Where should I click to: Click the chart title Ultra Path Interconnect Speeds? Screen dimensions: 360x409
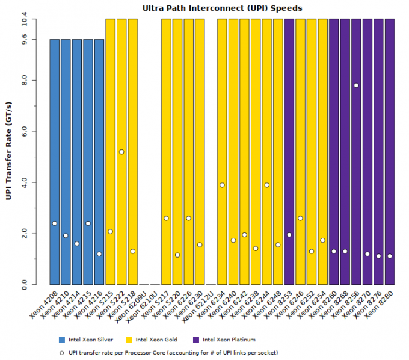(222, 8)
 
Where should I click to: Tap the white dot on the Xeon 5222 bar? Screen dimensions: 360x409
(121, 152)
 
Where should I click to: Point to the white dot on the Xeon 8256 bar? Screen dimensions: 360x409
(356, 85)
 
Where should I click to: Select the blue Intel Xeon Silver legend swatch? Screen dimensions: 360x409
(62, 340)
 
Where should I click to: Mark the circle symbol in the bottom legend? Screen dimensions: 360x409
(62, 352)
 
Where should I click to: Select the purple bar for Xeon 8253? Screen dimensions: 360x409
(289, 151)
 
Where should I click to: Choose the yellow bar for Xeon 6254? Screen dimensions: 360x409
(322, 151)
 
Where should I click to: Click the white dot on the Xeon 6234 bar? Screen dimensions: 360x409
(222, 185)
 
